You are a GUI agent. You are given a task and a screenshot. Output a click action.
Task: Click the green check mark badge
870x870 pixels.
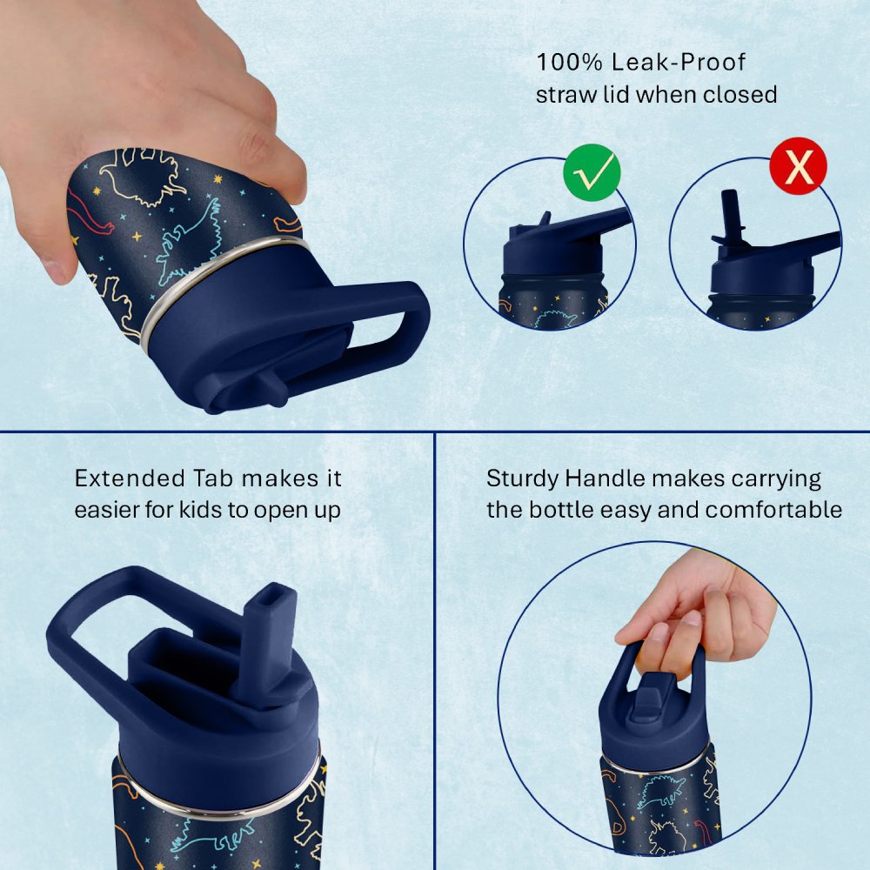pos(592,172)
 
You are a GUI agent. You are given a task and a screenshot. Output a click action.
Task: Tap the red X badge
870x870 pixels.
pos(799,165)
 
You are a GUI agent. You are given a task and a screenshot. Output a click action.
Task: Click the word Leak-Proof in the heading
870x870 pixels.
pos(679,62)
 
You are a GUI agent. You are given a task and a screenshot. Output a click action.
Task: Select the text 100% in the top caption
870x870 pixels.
pos(569,62)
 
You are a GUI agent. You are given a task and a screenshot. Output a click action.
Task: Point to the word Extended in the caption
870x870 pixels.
pos(130,478)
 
